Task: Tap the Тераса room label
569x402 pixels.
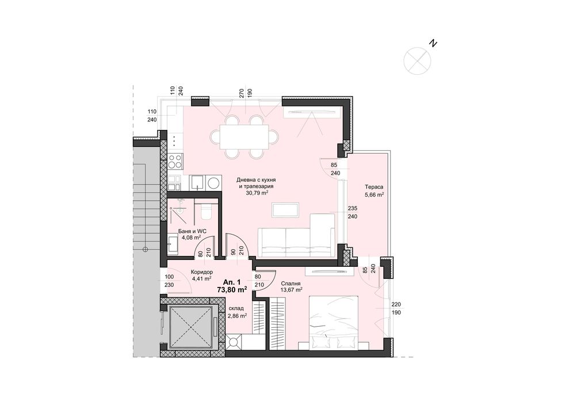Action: pos(373,187)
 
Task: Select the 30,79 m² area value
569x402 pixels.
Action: pos(257,193)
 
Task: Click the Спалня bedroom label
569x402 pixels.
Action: pos(291,284)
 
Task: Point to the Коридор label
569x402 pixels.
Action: pos(201,272)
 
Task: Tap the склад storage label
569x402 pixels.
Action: pos(237,308)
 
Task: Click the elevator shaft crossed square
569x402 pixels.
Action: pos(191,326)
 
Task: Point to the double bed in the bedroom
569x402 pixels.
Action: pos(334,323)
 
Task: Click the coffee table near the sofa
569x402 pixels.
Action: pos(285,209)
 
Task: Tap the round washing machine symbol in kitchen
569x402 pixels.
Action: pos(213,183)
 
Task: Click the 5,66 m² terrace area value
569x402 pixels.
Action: pos(374,194)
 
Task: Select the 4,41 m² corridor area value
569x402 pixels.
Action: pos(201,279)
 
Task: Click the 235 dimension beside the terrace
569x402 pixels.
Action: pos(353,209)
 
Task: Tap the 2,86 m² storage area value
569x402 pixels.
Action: pos(237,315)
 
